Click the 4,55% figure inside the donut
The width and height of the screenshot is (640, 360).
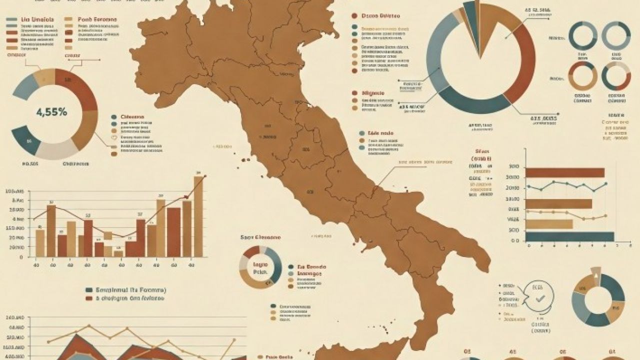(x=51, y=112)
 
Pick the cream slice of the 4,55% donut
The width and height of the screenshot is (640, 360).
(x=56, y=149)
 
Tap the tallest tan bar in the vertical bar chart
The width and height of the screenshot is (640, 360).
(x=198, y=216)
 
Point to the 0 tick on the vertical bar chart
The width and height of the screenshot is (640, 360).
(x=20, y=257)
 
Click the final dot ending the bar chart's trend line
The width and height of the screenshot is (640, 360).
(x=205, y=175)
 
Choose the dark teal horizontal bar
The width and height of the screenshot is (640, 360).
(x=569, y=236)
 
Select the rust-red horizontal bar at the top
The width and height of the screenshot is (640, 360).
(x=565, y=172)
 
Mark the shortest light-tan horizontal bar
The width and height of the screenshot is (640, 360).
(x=548, y=223)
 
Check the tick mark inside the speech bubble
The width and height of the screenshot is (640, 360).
(x=539, y=299)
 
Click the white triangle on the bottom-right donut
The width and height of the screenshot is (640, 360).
(x=595, y=272)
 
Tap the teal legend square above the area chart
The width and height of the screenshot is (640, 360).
(x=89, y=290)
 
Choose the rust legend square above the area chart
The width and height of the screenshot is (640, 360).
(x=89, y=298)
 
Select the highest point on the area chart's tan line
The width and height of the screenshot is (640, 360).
(x=89, y=325)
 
